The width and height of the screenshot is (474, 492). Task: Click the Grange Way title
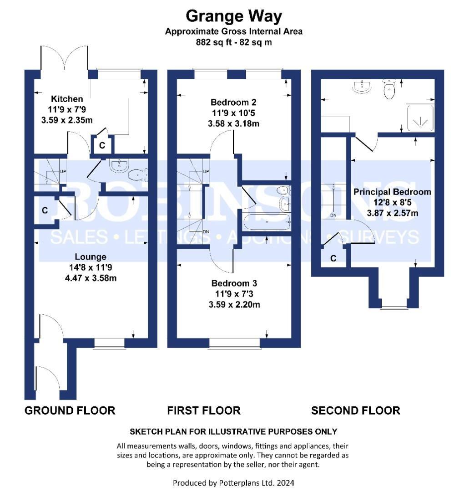click(x=234, y=16)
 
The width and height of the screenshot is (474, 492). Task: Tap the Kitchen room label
click(x=67, y=99)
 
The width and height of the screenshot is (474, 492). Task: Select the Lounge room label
click(x=91, y=256)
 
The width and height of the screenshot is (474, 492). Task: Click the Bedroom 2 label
click(x=233, y=102)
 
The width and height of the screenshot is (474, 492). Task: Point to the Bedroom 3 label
click(x=234, y=283)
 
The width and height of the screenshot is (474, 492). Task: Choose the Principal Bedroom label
click(x=392, y=192)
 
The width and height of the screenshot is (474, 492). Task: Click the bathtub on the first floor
click(x=267, y=222)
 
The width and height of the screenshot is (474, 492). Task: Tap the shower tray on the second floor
click(x=420, y=118)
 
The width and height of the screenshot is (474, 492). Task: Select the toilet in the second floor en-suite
click(x=389, y=89)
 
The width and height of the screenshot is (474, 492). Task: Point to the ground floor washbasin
click(x=119, y=166)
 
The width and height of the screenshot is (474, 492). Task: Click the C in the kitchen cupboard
click(x=102, y=145)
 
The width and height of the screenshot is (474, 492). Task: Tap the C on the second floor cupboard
click(x=333, y=258)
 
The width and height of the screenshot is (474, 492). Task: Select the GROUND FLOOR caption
click(x=70, y=410)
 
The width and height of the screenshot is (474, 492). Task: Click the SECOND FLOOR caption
click(x=356, y=410)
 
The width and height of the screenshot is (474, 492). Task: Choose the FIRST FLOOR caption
click(x=204, y=410)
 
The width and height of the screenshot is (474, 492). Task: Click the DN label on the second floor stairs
click(x=333, y=215)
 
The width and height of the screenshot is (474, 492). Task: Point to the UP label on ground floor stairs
click(x=63, y=172)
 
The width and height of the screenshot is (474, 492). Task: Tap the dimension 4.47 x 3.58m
click(x=91, y=278)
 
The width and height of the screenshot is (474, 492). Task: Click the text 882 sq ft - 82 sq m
click(x=234, y=42)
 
